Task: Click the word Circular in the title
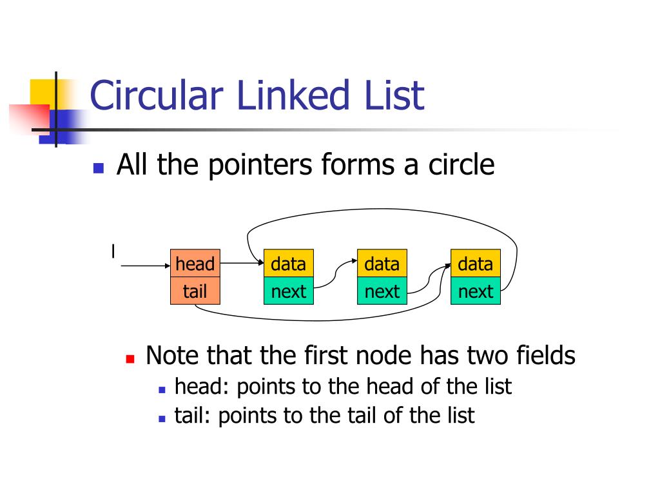(160, 95)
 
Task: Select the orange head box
(195, 264)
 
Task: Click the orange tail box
(195, 291)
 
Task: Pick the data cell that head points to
(288, 264)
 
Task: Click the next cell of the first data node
(288, 291)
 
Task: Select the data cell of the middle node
(382, 264)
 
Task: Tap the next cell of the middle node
(382, 291)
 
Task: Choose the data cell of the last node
(475, 264)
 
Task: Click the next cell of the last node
(475, 291)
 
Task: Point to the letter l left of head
(113, 251)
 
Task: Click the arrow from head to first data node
(242, 264)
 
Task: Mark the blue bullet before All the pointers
(99, 169)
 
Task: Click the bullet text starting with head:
(343, 387)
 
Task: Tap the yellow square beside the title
(42, 90)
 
